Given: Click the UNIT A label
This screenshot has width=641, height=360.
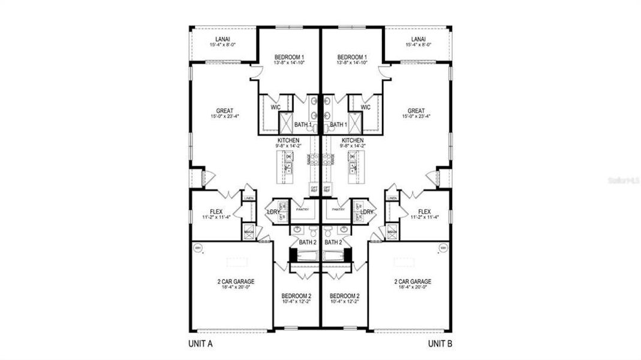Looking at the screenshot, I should click(201, 344).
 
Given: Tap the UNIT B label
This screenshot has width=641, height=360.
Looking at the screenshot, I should click(441, 344).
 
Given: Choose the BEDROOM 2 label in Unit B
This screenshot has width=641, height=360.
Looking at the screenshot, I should click(344, 296).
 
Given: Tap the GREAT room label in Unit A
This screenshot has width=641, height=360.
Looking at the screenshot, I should click(225, 111).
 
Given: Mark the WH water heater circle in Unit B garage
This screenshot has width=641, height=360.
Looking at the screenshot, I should click(444, 247).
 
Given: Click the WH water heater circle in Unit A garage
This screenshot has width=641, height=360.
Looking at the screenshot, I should click(197, 247).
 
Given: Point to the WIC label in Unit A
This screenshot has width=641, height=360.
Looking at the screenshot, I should click(276, 107).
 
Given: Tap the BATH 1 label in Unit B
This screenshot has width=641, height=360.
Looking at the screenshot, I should click(339, 125).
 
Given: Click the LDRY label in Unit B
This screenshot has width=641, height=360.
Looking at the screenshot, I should click(367, 212).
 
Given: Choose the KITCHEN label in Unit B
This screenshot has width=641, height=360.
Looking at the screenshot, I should click(353, 140).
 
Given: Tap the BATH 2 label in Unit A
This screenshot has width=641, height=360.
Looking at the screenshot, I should click(307, 242).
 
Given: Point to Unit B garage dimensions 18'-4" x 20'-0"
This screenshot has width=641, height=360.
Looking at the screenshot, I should click(413, 287).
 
